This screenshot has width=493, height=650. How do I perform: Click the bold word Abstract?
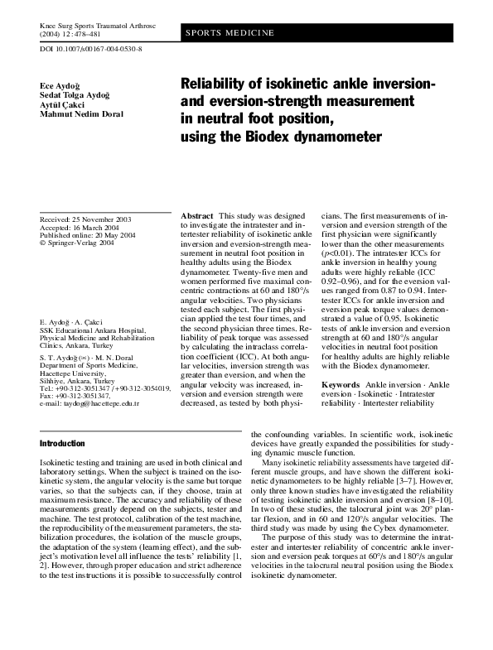[197, 214]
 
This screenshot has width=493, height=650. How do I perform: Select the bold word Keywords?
[341, 385]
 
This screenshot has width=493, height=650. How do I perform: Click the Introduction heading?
[62, 444]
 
